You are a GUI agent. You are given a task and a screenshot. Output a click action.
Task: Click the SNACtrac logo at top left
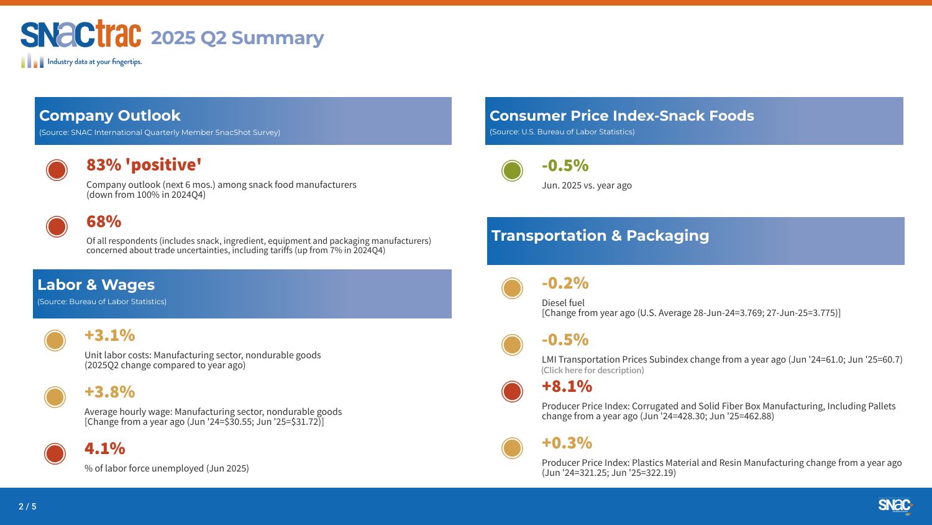tap(81, 44)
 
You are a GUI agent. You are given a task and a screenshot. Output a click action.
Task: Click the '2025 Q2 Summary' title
tap(237, 38)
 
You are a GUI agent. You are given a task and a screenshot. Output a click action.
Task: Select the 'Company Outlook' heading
tap(110, 116)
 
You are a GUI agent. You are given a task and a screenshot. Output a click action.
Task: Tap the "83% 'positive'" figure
tap(144, 165)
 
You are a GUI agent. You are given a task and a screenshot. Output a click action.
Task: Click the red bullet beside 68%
tap(57, 226)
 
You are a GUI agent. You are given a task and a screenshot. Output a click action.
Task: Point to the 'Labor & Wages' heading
tap(96, 285)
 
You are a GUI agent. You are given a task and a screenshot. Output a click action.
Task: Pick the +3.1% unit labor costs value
tap(110, 335)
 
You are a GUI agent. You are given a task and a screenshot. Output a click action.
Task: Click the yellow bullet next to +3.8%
tap(55, 397)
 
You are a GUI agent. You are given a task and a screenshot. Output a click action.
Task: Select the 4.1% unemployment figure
tap(105, 448)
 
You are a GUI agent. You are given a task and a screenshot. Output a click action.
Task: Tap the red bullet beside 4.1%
tap(55, 453)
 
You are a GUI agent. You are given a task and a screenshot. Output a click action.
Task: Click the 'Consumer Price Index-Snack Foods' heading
tap(621, 116)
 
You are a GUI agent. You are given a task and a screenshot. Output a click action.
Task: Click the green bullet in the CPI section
tap(512, 170)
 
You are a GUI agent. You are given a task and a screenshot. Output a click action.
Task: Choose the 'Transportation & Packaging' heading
tap(600, 235)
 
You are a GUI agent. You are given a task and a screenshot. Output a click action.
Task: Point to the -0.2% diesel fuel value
tap(565, 283)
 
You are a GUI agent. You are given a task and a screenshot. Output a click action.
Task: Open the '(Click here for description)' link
tap(593, 370)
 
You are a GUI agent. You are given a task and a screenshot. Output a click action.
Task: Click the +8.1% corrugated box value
tap(567, 386)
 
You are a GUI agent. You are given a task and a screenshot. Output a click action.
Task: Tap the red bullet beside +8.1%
tap(512, 391)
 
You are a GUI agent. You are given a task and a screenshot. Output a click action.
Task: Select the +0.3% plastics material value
tap(567, 442)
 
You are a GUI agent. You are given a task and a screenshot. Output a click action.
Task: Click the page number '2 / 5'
tap(27, 506)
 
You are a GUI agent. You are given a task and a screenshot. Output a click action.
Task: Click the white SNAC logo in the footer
tap(895, 504)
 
